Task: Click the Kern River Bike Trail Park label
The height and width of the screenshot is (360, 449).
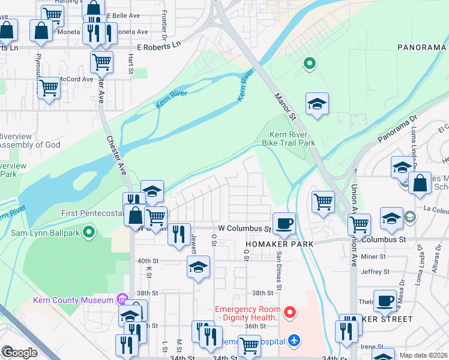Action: coord(288,139)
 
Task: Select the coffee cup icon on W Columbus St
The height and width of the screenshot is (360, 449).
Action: coord(285,224)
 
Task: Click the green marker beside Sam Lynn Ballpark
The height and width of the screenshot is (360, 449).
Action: coord(89,231)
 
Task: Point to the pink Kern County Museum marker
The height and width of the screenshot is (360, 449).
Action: coord(122,299)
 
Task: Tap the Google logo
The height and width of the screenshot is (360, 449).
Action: coord(19,352)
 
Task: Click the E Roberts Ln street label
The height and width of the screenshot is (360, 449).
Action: coord(158,45)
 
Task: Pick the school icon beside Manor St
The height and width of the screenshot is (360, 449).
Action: coord(317,105)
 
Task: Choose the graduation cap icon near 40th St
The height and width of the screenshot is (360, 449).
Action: coord(197,268)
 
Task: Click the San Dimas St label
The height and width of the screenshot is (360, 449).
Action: coord(279,269)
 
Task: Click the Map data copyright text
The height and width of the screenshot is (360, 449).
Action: coord(423,355)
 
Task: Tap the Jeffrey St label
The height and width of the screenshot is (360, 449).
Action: coord(376,272)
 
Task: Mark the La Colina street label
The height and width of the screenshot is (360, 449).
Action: coord(435,209)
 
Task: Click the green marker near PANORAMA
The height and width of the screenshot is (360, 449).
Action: coord(309,63)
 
